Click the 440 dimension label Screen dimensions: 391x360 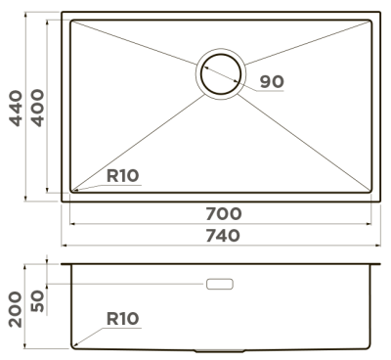(x=16, y=109)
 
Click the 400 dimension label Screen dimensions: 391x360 (x=37, y=108)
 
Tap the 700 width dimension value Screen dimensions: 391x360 (x=224, y=213)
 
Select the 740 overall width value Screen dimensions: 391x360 (x=223, y=236)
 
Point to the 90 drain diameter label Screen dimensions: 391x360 (x=272, y=81)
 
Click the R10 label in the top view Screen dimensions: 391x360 (x=122, y=176)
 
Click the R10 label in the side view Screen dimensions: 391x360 (x=122, y=319)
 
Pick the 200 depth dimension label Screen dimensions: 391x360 (x=16, y=309)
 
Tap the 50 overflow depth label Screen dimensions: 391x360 (x=37, y=300)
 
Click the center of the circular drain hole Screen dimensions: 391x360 (x=221, y=74)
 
